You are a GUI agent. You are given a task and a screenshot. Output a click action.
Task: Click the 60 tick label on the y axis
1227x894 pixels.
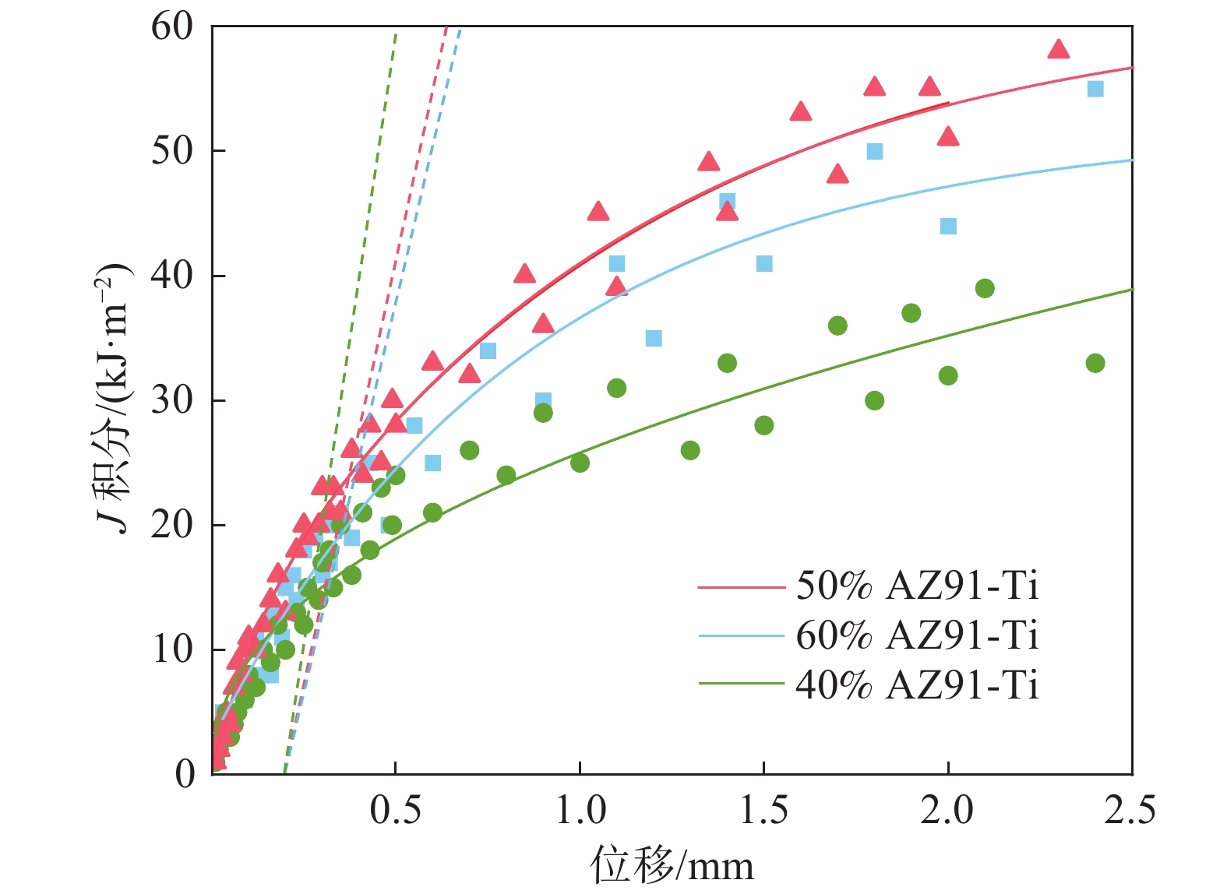point(172,27)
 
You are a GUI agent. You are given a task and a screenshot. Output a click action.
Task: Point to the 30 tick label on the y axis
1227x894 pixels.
point(172,400)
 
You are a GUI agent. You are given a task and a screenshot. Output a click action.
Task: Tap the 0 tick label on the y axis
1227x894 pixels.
point(185,774)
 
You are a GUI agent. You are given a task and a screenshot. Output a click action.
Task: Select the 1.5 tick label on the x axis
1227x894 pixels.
point(763,810)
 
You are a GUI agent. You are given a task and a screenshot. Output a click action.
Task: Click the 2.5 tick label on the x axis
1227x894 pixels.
point(1130,810)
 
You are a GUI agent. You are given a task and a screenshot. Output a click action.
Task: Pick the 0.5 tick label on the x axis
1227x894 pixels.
point(396,810)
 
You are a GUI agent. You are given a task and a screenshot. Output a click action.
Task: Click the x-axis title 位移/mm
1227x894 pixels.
point(672,865)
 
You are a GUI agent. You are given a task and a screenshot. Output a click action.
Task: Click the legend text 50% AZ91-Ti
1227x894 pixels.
point(917,586)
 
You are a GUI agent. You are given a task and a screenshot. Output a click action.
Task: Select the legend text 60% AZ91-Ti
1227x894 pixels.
point(917,636)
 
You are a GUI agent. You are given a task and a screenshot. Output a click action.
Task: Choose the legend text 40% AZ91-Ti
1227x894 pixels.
point(917,685)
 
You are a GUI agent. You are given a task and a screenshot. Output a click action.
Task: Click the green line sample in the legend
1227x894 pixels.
point(741,685)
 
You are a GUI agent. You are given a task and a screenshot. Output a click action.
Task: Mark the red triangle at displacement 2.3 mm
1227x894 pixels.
point(1058,50)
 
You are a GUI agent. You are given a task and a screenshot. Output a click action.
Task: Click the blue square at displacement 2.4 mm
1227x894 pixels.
point(1095,89)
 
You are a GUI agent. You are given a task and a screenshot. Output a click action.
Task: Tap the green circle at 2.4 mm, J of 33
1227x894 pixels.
point(1095,363)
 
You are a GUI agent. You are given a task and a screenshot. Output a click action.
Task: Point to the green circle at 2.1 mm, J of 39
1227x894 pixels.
point(985,288)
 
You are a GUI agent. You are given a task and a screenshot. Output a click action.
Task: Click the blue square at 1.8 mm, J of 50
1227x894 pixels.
point(875,151)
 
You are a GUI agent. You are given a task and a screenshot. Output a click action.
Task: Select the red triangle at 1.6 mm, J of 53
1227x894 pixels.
point(801,112)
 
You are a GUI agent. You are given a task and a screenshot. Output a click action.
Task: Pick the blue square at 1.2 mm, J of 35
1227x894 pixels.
point(654,338)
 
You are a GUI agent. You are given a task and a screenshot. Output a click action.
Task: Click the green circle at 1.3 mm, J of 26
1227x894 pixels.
point(690,450)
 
